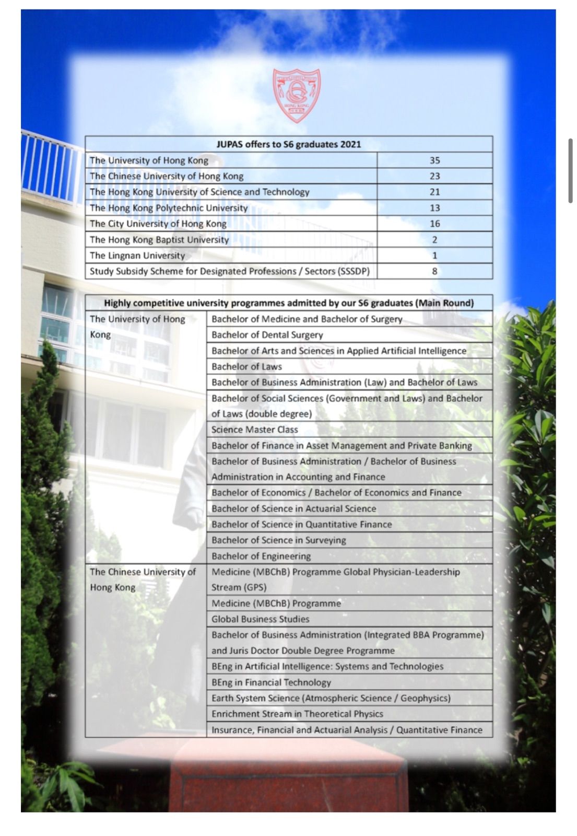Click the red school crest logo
(297, 96)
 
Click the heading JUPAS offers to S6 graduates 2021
(289, 144)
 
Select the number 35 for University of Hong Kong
(434, 160)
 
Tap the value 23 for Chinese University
(434, 176)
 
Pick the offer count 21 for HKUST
(434, 192)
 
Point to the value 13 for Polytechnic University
(434, 208)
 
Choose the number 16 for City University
(434, 224)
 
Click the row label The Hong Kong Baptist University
(159, 240)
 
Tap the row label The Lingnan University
(137, 256)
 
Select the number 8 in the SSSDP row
(434, 271)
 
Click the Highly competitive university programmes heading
(289, 303)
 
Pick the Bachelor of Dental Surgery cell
(267, 335)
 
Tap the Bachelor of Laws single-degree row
(246, 367)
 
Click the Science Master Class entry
(255, 429)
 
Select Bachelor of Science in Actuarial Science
(293, 508)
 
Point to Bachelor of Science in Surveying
(279, 540)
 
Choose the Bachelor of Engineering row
(261, 556)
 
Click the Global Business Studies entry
(261, 619)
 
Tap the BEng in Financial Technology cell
(272, 682)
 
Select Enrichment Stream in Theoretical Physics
(297, 714)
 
